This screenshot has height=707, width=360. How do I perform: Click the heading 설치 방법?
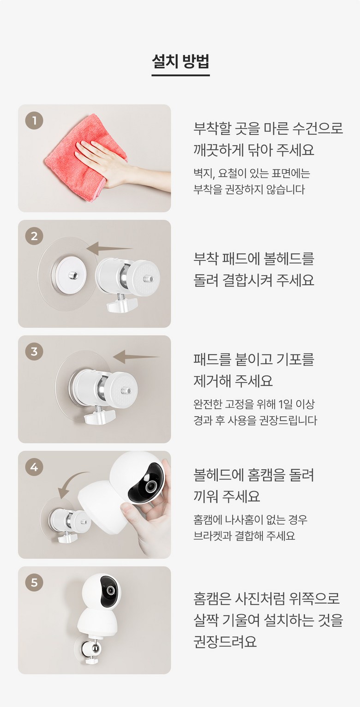point(180,61)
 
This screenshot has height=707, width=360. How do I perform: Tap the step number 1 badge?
point(34,120)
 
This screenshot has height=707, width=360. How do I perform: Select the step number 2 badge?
point(34,236)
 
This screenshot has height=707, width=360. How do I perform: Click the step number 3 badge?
point(34,351)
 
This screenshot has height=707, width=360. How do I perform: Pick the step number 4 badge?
point(34,467)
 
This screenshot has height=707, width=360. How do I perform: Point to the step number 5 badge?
point(34,582)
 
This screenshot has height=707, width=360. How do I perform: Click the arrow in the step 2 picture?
point(109,248)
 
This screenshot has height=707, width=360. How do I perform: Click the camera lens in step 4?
point(150,486)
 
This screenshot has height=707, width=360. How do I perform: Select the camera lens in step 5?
point(110,590)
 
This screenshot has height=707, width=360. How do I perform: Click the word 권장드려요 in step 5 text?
point(225,641)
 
